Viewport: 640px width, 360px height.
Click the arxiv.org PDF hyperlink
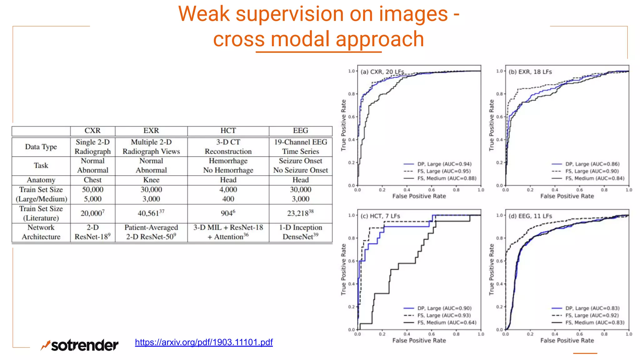(204, 342)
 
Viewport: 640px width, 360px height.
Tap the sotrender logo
(80, 345)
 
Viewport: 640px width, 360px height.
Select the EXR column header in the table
(151, 131)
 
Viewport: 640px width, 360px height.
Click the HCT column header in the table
(228, 131)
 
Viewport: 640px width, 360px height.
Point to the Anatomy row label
(41, 180)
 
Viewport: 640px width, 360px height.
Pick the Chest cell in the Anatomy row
(92, 180)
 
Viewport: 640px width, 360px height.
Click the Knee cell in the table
(151, 180)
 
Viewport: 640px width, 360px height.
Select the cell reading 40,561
(151, 213)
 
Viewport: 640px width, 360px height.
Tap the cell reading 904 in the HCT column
(228, 213)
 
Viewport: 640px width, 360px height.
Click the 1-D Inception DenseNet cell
(300, 232)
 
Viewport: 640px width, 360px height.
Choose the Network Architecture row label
(41, 232)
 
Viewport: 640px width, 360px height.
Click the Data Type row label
(41, 147)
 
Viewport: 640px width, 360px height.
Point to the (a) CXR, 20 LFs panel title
(382, 72)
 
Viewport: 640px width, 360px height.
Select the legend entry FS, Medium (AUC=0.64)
(447, 322)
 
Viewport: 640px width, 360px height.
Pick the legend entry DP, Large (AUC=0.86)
(592, 164)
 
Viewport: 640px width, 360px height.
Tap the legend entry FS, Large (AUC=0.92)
(592, 315)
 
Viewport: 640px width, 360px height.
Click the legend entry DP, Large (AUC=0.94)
(444, 164)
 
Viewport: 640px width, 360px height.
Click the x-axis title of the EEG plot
(567, 340)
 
